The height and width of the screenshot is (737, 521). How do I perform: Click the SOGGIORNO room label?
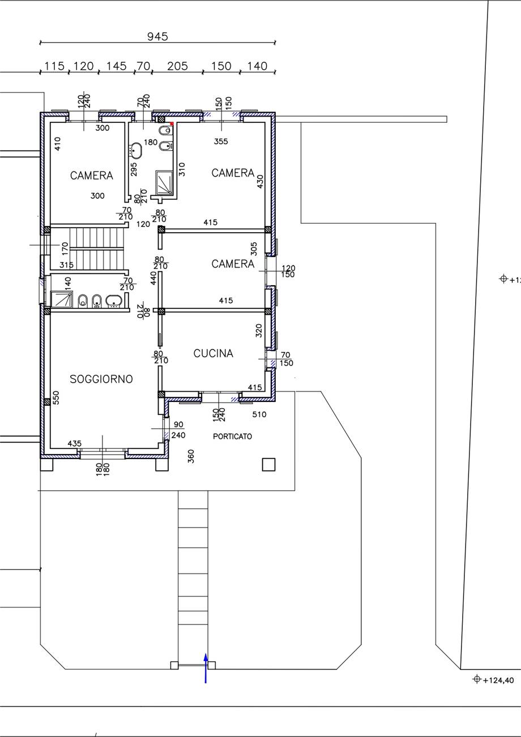[101, 379]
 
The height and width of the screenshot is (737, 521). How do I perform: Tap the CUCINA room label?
[213, 353]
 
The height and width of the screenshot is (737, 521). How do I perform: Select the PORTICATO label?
[232, 436]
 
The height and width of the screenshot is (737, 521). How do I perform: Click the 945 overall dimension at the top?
[157, 37]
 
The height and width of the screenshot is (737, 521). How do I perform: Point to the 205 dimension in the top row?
[177, 66]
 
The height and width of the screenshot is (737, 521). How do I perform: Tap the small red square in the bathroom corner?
[172, 123]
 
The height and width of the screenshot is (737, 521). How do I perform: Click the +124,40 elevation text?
[498, 680]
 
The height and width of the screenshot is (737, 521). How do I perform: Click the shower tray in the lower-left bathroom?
[62, 299]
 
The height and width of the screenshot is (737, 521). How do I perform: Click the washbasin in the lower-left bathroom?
[114, 301]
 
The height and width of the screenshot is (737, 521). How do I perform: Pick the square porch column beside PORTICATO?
[268, 465]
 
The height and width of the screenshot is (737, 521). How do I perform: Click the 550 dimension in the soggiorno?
[55, 398]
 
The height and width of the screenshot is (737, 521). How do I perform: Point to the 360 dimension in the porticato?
[191, 456]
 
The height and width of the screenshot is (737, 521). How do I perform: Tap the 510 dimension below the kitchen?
[259, 414]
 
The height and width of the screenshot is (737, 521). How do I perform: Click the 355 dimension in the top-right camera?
[221, 142]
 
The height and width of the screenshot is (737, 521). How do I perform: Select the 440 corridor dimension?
[153, 278]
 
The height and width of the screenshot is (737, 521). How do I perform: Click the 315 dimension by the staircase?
[66, 265]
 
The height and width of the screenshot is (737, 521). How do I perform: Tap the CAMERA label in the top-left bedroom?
[92, 175]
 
